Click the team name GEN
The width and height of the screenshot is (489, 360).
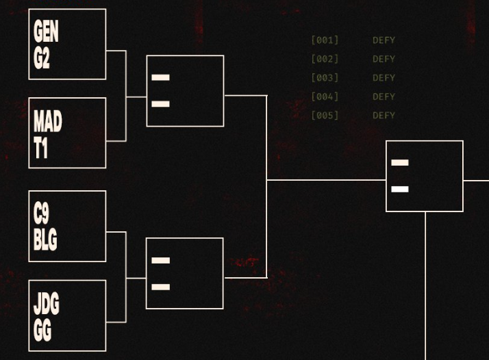(46, 31)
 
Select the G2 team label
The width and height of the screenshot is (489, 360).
(42, 58)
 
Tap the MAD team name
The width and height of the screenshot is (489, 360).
(48, 121)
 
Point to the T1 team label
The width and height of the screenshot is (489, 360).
(40, 148)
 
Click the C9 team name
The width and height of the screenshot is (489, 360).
(41, 213)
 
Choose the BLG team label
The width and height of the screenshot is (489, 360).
(45, 240)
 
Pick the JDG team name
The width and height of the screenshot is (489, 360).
(46, 303)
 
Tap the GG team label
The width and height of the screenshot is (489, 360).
(42, 331)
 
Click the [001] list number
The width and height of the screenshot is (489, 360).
(325, 40)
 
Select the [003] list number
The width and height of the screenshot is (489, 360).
(325, 77)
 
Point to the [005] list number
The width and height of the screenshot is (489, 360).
(325, 116)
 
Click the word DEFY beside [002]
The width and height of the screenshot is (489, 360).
(384, 59)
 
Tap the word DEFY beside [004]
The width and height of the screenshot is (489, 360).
(384, 97)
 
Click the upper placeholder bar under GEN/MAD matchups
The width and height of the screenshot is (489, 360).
(161, 77)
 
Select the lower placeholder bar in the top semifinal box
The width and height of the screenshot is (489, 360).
(161, 104)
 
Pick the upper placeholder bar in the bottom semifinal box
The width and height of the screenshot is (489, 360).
(161, 260)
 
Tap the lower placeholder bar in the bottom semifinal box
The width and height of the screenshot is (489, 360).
(161, 287)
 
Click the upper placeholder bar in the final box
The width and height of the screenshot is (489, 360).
(400, 162)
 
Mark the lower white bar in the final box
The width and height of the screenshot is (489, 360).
(400, 189)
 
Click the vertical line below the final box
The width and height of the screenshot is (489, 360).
(425, 286)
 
